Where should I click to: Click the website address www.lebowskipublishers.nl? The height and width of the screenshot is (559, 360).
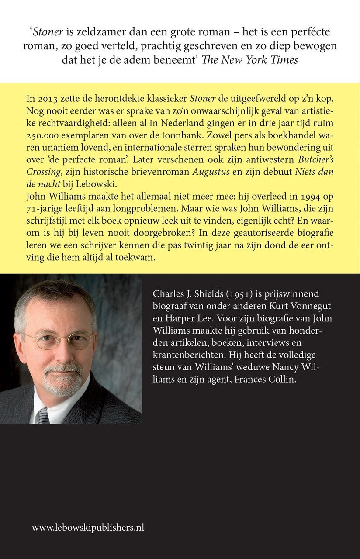click(x=88, y=528)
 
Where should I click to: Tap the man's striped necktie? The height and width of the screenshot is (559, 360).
click(x=43, y=414)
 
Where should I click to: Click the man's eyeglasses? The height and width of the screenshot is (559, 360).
click(x=59, y=340)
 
